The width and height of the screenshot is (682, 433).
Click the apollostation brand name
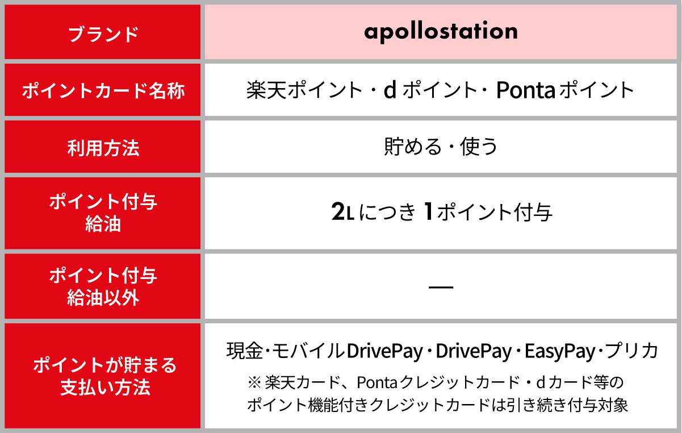click(441, 32)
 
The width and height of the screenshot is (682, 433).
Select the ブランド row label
click(103, 34)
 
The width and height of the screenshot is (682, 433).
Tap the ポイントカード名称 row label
click(103, 91)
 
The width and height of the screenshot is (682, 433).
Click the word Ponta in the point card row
click(526, 90)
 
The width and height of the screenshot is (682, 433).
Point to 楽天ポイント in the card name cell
click(304, 90)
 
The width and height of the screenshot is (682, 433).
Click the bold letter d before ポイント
click(390, 90)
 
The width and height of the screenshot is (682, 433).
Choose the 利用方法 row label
click(103, 148)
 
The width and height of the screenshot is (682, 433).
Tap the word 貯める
click(412, 147)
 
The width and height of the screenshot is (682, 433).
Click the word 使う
click(479, 147)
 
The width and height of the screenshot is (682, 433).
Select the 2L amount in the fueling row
click(342, 211)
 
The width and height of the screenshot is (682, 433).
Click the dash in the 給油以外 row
click(441, 287)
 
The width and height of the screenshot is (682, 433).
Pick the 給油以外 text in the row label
click(103, 298)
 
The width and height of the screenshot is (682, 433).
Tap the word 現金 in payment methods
click(245, 351)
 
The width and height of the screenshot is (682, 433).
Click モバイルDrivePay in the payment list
click(348, 351)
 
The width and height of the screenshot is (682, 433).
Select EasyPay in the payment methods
click(560, 351)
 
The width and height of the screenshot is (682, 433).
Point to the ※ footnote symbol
click(254, 382)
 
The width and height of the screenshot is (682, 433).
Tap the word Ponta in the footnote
click(377, 382)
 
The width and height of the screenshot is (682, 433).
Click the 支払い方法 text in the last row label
click(106, 388)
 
